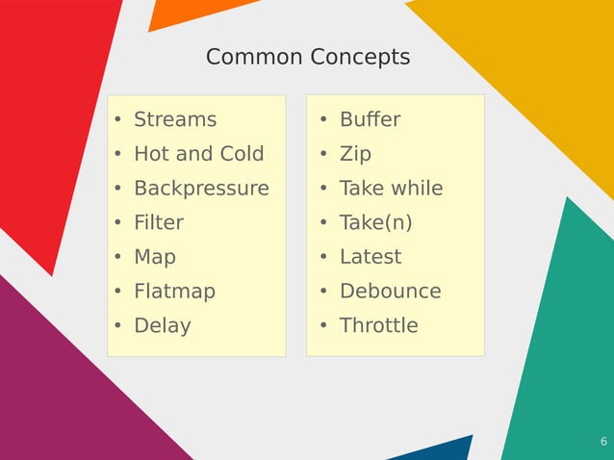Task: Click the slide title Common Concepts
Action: click(x=308, y=58)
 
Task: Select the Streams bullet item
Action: click(x=175, y=120)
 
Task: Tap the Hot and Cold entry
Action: click(x=198, y=154)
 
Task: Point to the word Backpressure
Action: click(x=201, y=189)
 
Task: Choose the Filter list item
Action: click(x=159, y=223)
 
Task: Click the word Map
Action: click(x=155, y=257)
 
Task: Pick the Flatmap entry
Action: click(x=174, y=291)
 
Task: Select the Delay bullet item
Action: click(x=162, y=325)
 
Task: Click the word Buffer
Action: click(x=370, y=120)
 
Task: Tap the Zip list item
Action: click(x=355, y=154)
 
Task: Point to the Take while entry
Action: click(x=391, y=189)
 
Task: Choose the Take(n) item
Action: click(x=375, y=223)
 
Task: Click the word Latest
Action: click(x=371, y=257)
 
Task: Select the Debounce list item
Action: click(x=390, y=291)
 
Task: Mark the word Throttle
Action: click(x=379, y=325)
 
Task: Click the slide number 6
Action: click(x=603, y=442)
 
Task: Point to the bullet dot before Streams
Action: click(x=117, y=121)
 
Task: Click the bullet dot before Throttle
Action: click(x=324, y=326)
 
